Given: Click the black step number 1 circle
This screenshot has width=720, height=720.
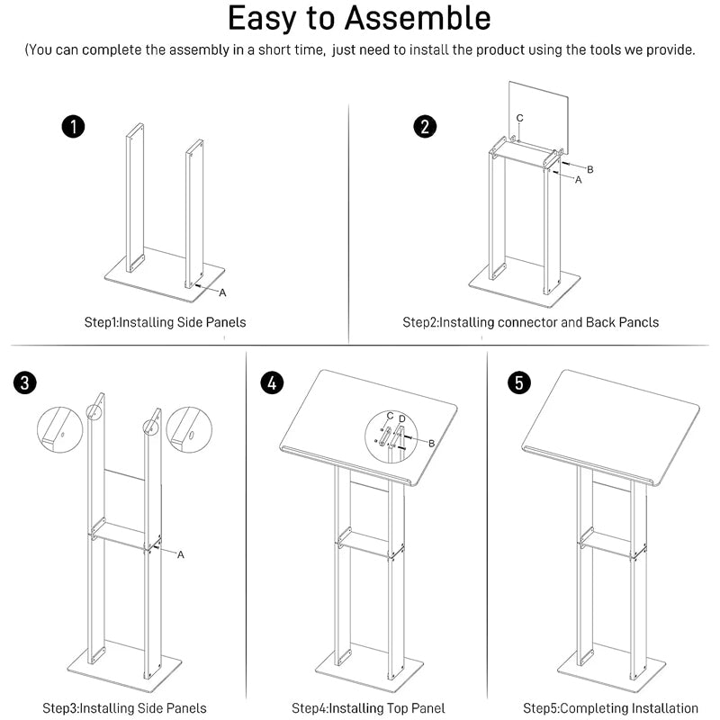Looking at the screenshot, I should click(x=73, y=126).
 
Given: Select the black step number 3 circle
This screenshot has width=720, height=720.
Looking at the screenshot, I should click(x=26, y=382).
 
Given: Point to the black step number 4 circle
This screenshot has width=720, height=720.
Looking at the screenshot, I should click(x=271, y=382).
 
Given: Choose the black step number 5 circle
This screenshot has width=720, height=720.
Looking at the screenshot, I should click(x=518, y=382).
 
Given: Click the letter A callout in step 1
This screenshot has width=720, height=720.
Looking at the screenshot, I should click(x=222, y=292).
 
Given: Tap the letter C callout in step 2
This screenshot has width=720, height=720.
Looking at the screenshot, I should click(x=519, y=118).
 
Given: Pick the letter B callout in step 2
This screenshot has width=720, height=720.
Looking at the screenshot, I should click(x=589, y=169).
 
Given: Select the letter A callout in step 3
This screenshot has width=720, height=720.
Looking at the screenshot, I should click(x=180, y=554).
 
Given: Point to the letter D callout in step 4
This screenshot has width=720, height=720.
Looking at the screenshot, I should click(x=402, y=418).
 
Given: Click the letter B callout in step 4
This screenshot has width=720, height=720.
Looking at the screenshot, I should click(x=431, y=443).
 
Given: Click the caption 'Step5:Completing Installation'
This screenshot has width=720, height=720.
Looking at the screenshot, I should click(x=610, y=708).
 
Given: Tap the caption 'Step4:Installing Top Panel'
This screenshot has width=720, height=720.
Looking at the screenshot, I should click(x=368, y=708).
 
